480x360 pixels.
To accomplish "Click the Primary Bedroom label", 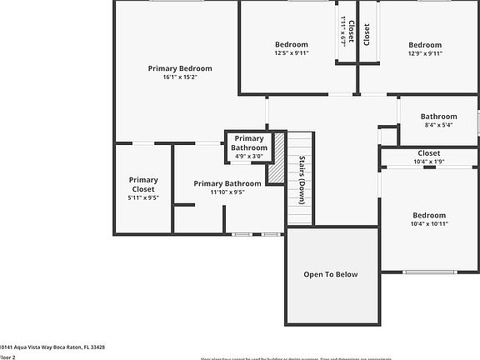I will coord(180,68).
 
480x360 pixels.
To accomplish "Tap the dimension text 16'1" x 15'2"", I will coord(180,77).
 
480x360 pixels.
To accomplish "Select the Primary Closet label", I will coord(143,184).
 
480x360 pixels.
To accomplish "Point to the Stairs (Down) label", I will coord(301,180).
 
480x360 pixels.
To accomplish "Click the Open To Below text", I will coord(331,274).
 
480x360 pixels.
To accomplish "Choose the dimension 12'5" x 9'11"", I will coord(292,53).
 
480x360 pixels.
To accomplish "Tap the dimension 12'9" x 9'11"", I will coord(425,53).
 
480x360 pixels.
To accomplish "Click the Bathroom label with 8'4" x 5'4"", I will coord(438,117).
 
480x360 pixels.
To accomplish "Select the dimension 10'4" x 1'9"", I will coord(428,162).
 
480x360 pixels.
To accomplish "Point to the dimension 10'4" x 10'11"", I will coord(429,223).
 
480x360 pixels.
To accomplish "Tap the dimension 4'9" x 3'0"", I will coord(248,156).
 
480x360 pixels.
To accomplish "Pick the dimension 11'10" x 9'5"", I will coord(227,192).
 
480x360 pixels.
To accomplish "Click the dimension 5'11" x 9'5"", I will coord(143,198).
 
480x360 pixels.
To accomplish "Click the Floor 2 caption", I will coord(7,356).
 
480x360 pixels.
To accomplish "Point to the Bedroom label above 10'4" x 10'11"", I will coord(429,215).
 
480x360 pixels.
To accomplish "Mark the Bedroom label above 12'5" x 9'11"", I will coord(292,44).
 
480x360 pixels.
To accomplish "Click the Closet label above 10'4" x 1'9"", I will coord(428,153).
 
